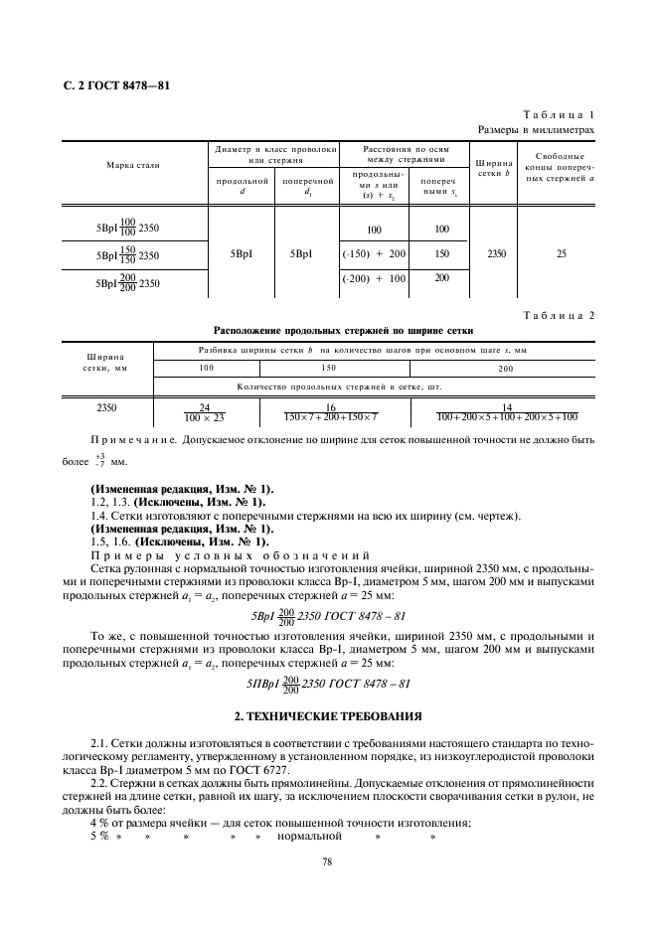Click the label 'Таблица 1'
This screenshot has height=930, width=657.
tap(563, 115)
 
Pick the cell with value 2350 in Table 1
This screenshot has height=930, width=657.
tap(496, 253)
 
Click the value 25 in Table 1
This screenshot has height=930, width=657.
tap(562, 253)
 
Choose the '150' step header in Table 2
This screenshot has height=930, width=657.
tap(329, 368)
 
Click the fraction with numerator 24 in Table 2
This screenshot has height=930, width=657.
tap(206, 412)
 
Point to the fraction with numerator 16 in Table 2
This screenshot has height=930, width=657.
tap(330, 412)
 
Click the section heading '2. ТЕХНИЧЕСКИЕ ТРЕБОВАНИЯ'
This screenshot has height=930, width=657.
tap(328, 715)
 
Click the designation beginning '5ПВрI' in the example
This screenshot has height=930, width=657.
tap(328, 684)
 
